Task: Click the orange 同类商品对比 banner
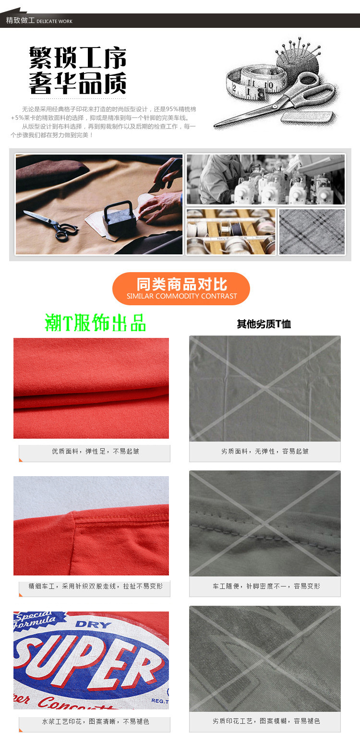[181, 288]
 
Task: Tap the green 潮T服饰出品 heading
[95, 323]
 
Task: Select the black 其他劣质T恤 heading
[264, 324]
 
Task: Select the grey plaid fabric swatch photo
[312, 231]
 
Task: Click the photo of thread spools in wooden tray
[231, 231]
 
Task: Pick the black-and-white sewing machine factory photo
[266, 179]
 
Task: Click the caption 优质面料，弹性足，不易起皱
[96, 452]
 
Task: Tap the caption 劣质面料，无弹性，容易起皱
[265, 452]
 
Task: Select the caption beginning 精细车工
[96, 586]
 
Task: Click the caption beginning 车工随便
[266, 586]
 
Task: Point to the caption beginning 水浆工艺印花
[96, 721]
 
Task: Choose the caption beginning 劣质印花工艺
[266, 721]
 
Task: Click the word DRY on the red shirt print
[93, 624]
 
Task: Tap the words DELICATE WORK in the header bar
[54, 21]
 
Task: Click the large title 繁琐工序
[78, 58]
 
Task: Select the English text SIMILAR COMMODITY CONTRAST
[182, 296]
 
